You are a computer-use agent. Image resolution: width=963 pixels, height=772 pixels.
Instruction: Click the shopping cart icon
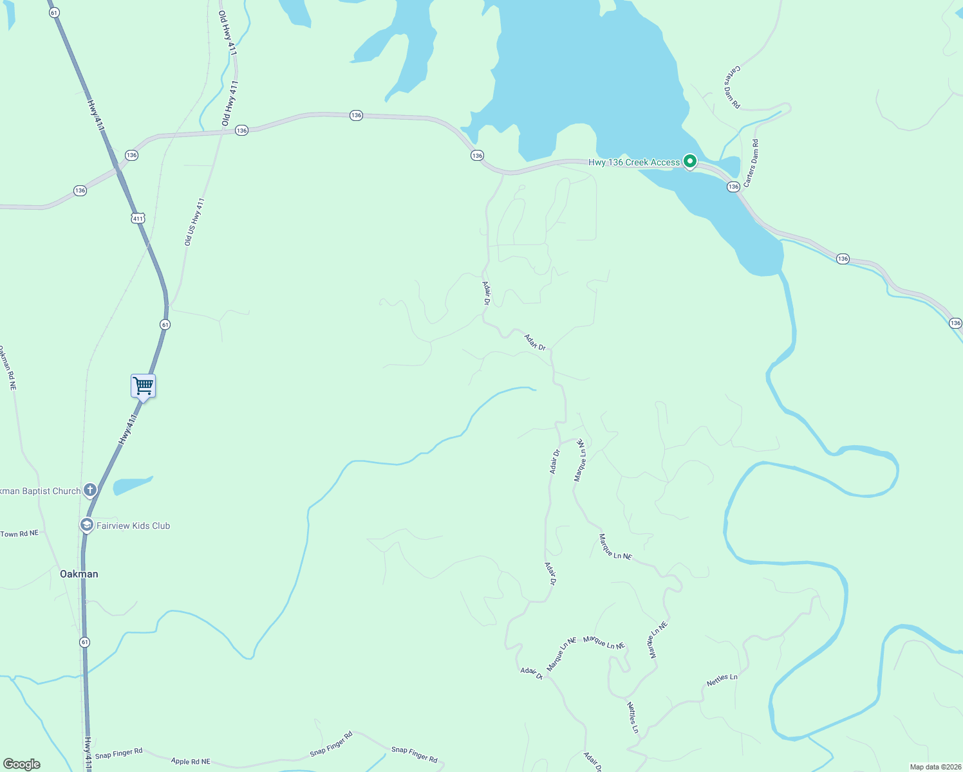point(143,386)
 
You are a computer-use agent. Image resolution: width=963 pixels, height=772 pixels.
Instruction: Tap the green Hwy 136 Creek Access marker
point(690,161)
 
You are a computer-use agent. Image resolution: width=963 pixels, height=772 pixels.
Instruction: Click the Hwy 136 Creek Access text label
point(633,162)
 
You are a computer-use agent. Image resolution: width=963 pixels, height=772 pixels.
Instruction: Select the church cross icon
point(90,490)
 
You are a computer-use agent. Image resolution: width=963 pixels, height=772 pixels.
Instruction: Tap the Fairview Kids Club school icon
point(86,525)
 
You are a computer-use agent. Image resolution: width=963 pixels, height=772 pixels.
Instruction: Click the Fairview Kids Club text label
point(133,526)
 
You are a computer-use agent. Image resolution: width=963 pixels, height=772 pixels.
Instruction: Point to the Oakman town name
point(79,574)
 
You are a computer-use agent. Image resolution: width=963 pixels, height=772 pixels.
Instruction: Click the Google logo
point(22,764)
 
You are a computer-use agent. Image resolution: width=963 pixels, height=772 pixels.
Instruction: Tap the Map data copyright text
point(935,767)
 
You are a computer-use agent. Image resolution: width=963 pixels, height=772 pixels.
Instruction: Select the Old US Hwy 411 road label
point(194,222)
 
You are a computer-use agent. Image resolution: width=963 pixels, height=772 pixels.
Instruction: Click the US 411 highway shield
point(138,218)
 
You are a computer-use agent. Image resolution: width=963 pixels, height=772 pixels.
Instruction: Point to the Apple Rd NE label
point(191,762)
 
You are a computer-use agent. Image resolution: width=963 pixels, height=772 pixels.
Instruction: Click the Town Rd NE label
point(19,534)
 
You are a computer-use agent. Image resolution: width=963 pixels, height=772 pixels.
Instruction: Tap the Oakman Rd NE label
point(8,368)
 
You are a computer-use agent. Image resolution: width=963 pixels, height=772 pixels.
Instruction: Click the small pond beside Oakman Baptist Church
point(131,485)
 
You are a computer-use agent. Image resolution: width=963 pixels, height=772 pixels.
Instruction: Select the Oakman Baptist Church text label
point(41,491)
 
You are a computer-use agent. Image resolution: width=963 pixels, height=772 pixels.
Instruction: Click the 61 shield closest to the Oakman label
point(84,642)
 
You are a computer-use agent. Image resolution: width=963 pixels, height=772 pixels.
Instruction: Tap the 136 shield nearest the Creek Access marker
point(733,187)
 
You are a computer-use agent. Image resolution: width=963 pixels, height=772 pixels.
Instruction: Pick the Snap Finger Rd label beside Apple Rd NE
point(118,753)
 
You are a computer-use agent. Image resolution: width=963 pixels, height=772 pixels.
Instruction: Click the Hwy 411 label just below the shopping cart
point(128,429)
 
